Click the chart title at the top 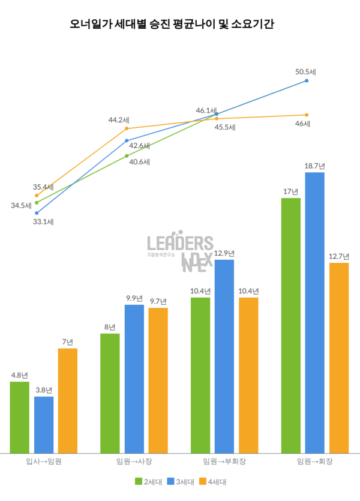[180, 26]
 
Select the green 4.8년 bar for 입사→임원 [20, 417]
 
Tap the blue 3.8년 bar [44, 424]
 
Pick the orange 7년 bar [68, 400]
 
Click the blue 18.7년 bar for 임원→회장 [314, 312]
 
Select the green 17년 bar [290, 325]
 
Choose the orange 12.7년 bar [338, 358]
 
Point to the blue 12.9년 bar [224, 356]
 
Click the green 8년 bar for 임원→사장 [110, 393]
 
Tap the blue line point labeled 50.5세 [307, 80]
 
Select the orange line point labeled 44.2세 [127, 128]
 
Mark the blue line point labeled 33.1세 [37, 212]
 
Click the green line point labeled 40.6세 [127, 155]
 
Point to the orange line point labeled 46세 [307, 115]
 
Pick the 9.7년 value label [158, 301]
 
